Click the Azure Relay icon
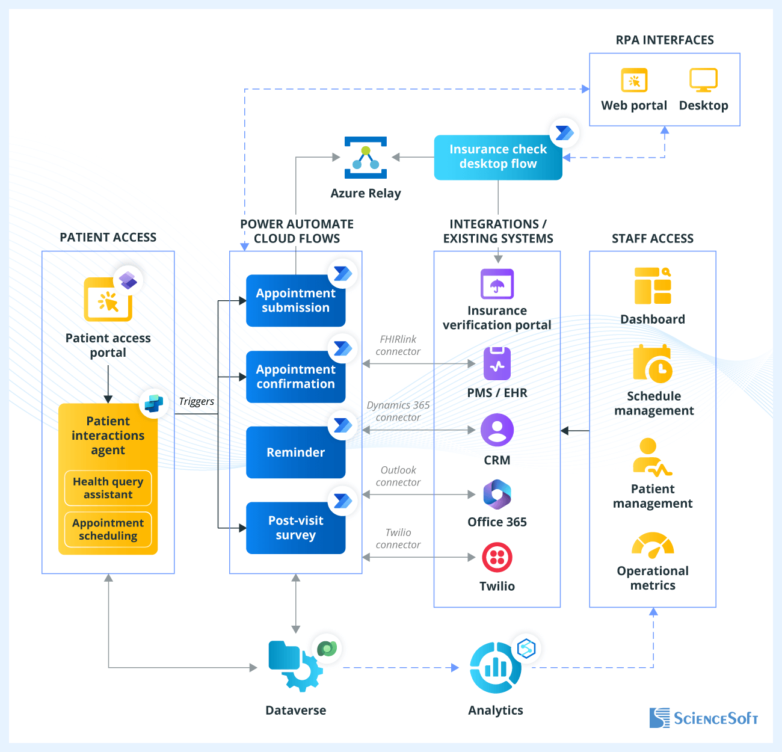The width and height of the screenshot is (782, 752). point(365,158)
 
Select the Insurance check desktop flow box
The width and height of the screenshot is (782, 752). point(497,157)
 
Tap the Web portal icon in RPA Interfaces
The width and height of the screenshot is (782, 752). point(634,81)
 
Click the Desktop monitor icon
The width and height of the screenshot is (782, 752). point(703,81)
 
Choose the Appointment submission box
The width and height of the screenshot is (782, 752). point(295,300)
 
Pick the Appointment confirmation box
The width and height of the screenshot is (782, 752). point(295,377)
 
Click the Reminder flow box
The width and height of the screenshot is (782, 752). point(295,452)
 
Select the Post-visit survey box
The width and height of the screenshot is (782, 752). point(295,528)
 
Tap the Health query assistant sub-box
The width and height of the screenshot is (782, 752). point(108,488)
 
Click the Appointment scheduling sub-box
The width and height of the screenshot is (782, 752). point(108,529)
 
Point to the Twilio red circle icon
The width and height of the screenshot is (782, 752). point(497,557)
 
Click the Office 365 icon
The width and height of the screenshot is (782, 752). point(497,495)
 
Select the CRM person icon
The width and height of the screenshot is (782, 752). point(497,430)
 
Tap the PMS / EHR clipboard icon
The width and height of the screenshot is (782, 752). point(497,363)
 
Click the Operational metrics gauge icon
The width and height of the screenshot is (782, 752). point(653,545)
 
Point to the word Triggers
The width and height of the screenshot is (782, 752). point(197,401)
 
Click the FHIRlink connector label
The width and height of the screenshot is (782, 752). point(398,345)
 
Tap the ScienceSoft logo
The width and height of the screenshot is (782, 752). point(703,718)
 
